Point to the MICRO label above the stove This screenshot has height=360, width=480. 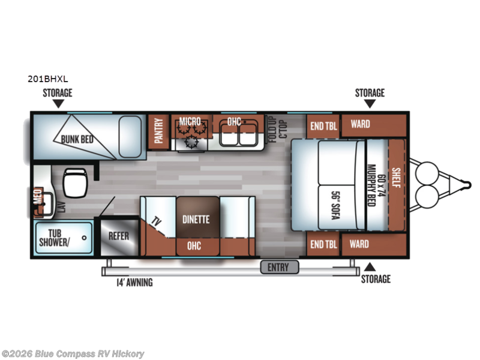pyautogui.click(x=190, y=122)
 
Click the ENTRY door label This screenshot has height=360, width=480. pyautogui.click(x=278, y=267)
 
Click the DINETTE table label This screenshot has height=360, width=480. pyautogui.click(x=196, y=220)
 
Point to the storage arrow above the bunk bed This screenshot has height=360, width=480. pyautogui.click(x=58, y=104)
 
